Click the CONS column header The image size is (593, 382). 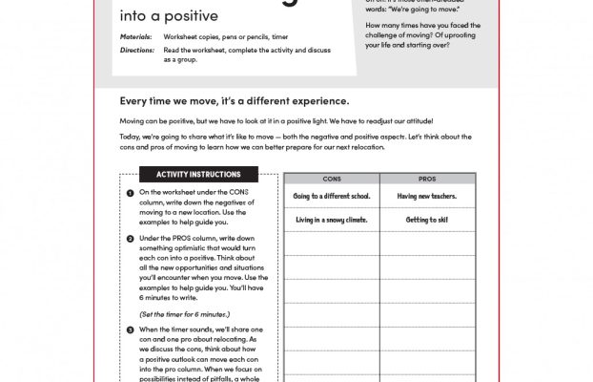click(332, 179)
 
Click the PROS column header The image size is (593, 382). click(427, 179)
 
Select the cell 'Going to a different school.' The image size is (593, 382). click(332, 196)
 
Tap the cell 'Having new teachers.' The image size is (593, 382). click(427, 196)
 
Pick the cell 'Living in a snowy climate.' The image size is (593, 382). click(332, 220)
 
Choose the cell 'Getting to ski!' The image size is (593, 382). click(427, 220)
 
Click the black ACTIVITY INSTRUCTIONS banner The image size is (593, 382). click(197, 175)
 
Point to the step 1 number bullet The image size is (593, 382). click(130, 193)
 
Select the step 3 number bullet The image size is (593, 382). click(130, 329)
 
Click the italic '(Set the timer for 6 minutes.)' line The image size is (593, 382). click(182, 313)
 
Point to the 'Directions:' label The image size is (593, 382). click(136, 48)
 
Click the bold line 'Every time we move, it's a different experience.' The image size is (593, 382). click(235, 100)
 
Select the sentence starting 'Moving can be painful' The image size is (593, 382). click(276, 121)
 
